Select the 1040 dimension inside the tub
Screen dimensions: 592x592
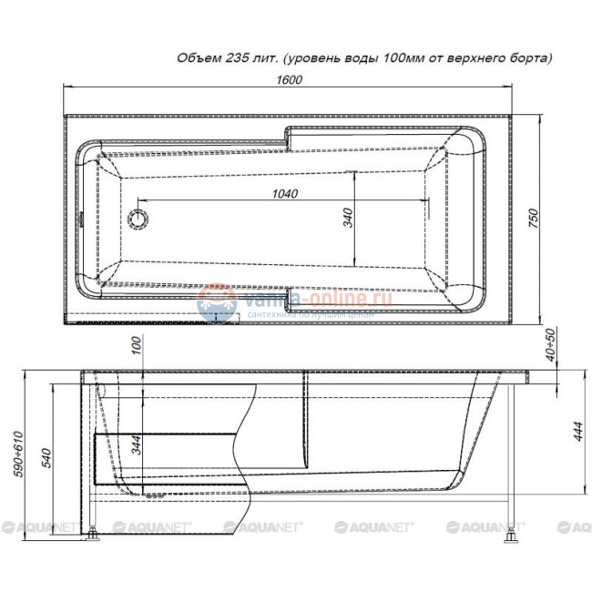pyautogui.click(x=287, y=192)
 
